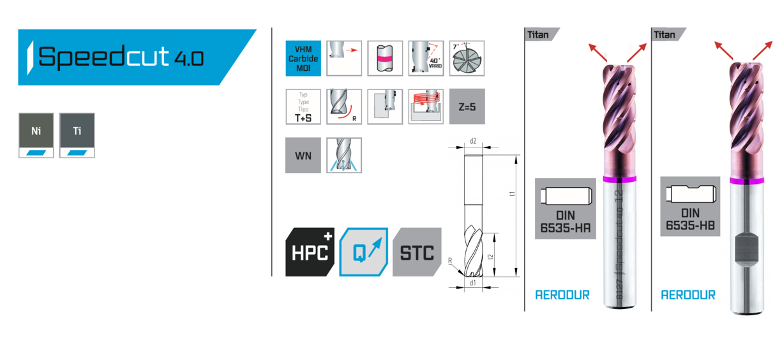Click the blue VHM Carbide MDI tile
303,59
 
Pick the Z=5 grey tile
467,107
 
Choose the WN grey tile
303,155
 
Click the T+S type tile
303,107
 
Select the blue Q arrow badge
363,251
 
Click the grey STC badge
417,251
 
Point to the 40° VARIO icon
426,59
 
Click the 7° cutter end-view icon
467,59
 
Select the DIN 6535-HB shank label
690,207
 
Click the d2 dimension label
473,141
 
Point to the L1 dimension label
513,193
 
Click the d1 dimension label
473,282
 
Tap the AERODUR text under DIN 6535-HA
562,295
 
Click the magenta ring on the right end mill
747,181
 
